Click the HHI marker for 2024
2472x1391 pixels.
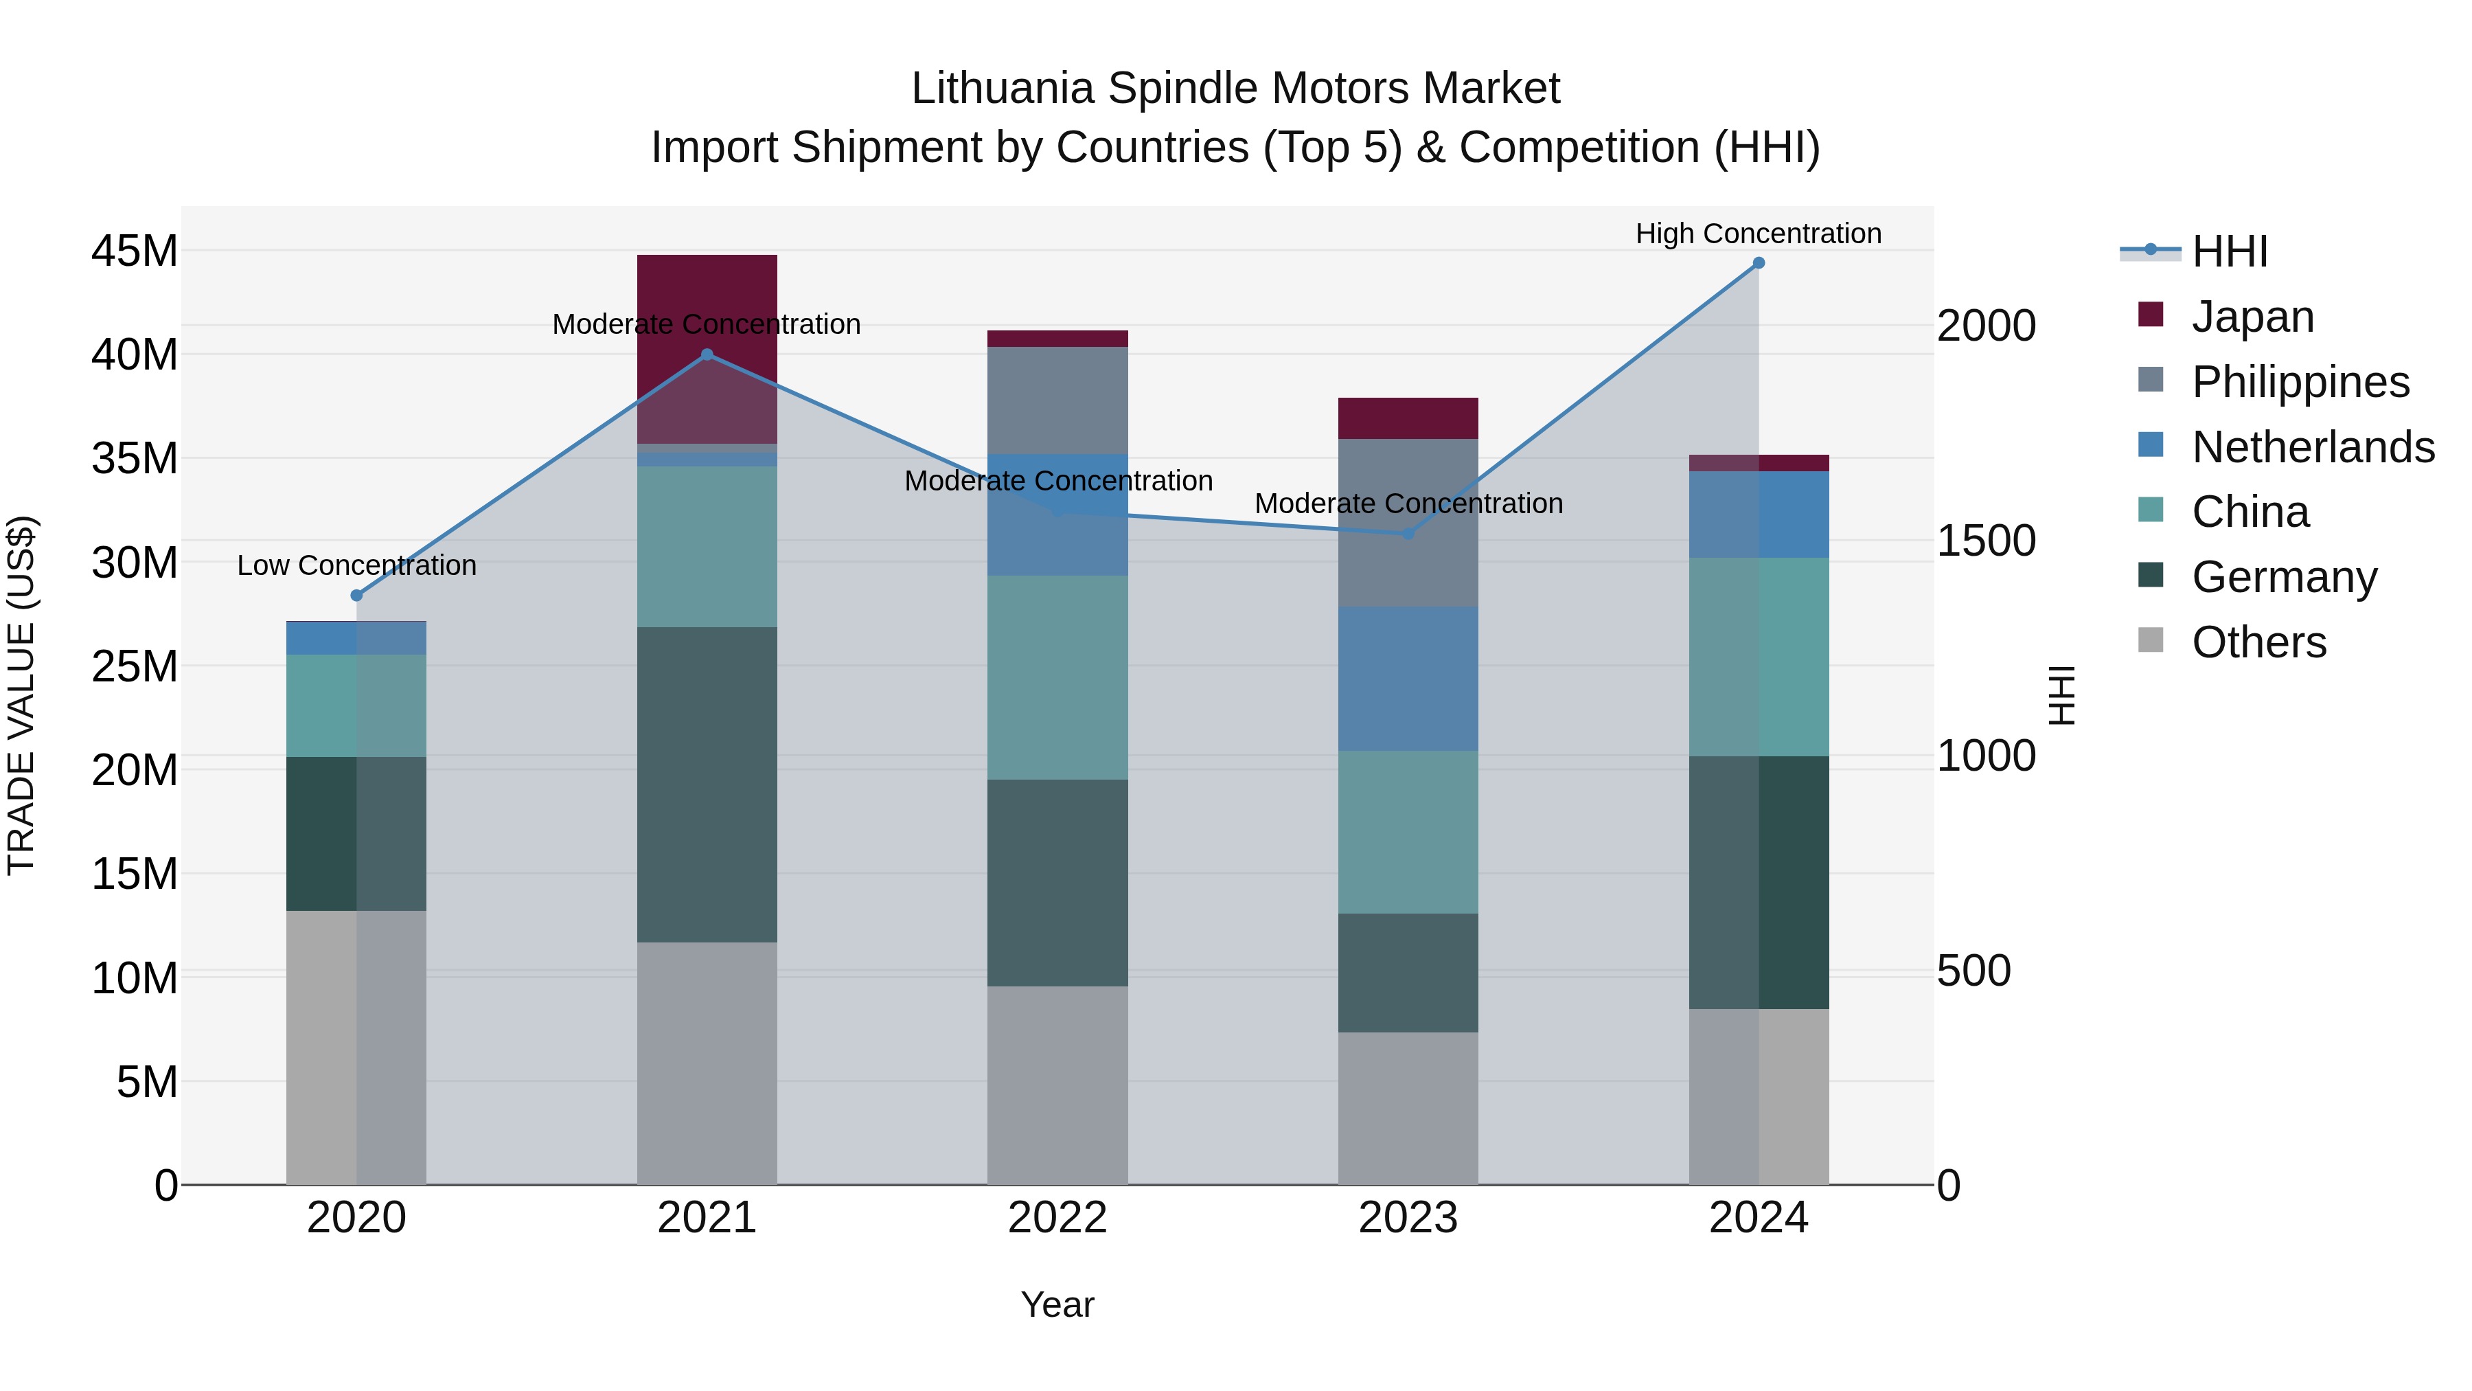pos(1758,263)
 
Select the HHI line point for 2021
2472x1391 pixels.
pos(707,354)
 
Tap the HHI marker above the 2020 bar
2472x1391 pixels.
pos(357,595)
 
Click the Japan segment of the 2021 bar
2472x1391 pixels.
pos(707,288)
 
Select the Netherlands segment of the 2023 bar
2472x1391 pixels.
pos(1408,678)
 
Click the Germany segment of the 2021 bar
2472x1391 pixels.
pos(707,784)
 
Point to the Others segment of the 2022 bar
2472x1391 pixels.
pos(1057,1085)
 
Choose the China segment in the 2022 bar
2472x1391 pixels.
pos(1057,677)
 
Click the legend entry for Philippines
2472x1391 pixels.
pos(2299,381)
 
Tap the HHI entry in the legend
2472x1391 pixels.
pos(2229,251)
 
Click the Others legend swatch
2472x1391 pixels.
pos(2151,640)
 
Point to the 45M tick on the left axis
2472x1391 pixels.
pos(135,251)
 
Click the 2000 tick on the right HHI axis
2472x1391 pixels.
pos(1985,326)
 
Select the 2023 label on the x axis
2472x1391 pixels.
pos(1408,1218)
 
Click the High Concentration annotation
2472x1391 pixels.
pos(1758,234)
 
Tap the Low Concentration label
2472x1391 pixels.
pos(357,565)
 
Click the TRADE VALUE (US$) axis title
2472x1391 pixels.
pos(21,695)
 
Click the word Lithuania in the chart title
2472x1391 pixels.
pos(1002,89)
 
